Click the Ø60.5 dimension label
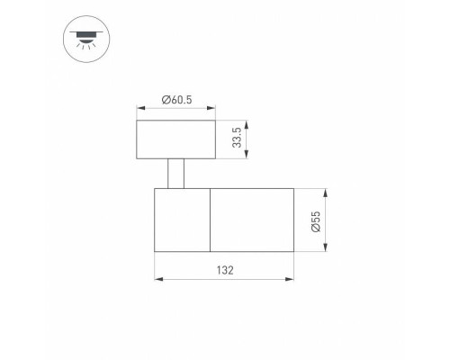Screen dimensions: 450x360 (x=176, y=100)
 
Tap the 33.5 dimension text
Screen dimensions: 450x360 (x=237, y=138)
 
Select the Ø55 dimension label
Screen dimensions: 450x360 (x=316, y=221)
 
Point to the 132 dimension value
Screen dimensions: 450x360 (x=225, y=270)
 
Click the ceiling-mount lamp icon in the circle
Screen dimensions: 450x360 (x=86, y=39)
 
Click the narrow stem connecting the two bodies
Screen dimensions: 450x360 (x=175, y=174)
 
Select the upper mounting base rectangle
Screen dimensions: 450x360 (x=175, y=139)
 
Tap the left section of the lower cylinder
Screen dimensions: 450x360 (x=182, y=220)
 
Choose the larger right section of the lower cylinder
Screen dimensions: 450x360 (x=252, y=220)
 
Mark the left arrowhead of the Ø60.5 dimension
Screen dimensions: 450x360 (x=140, y=108)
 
